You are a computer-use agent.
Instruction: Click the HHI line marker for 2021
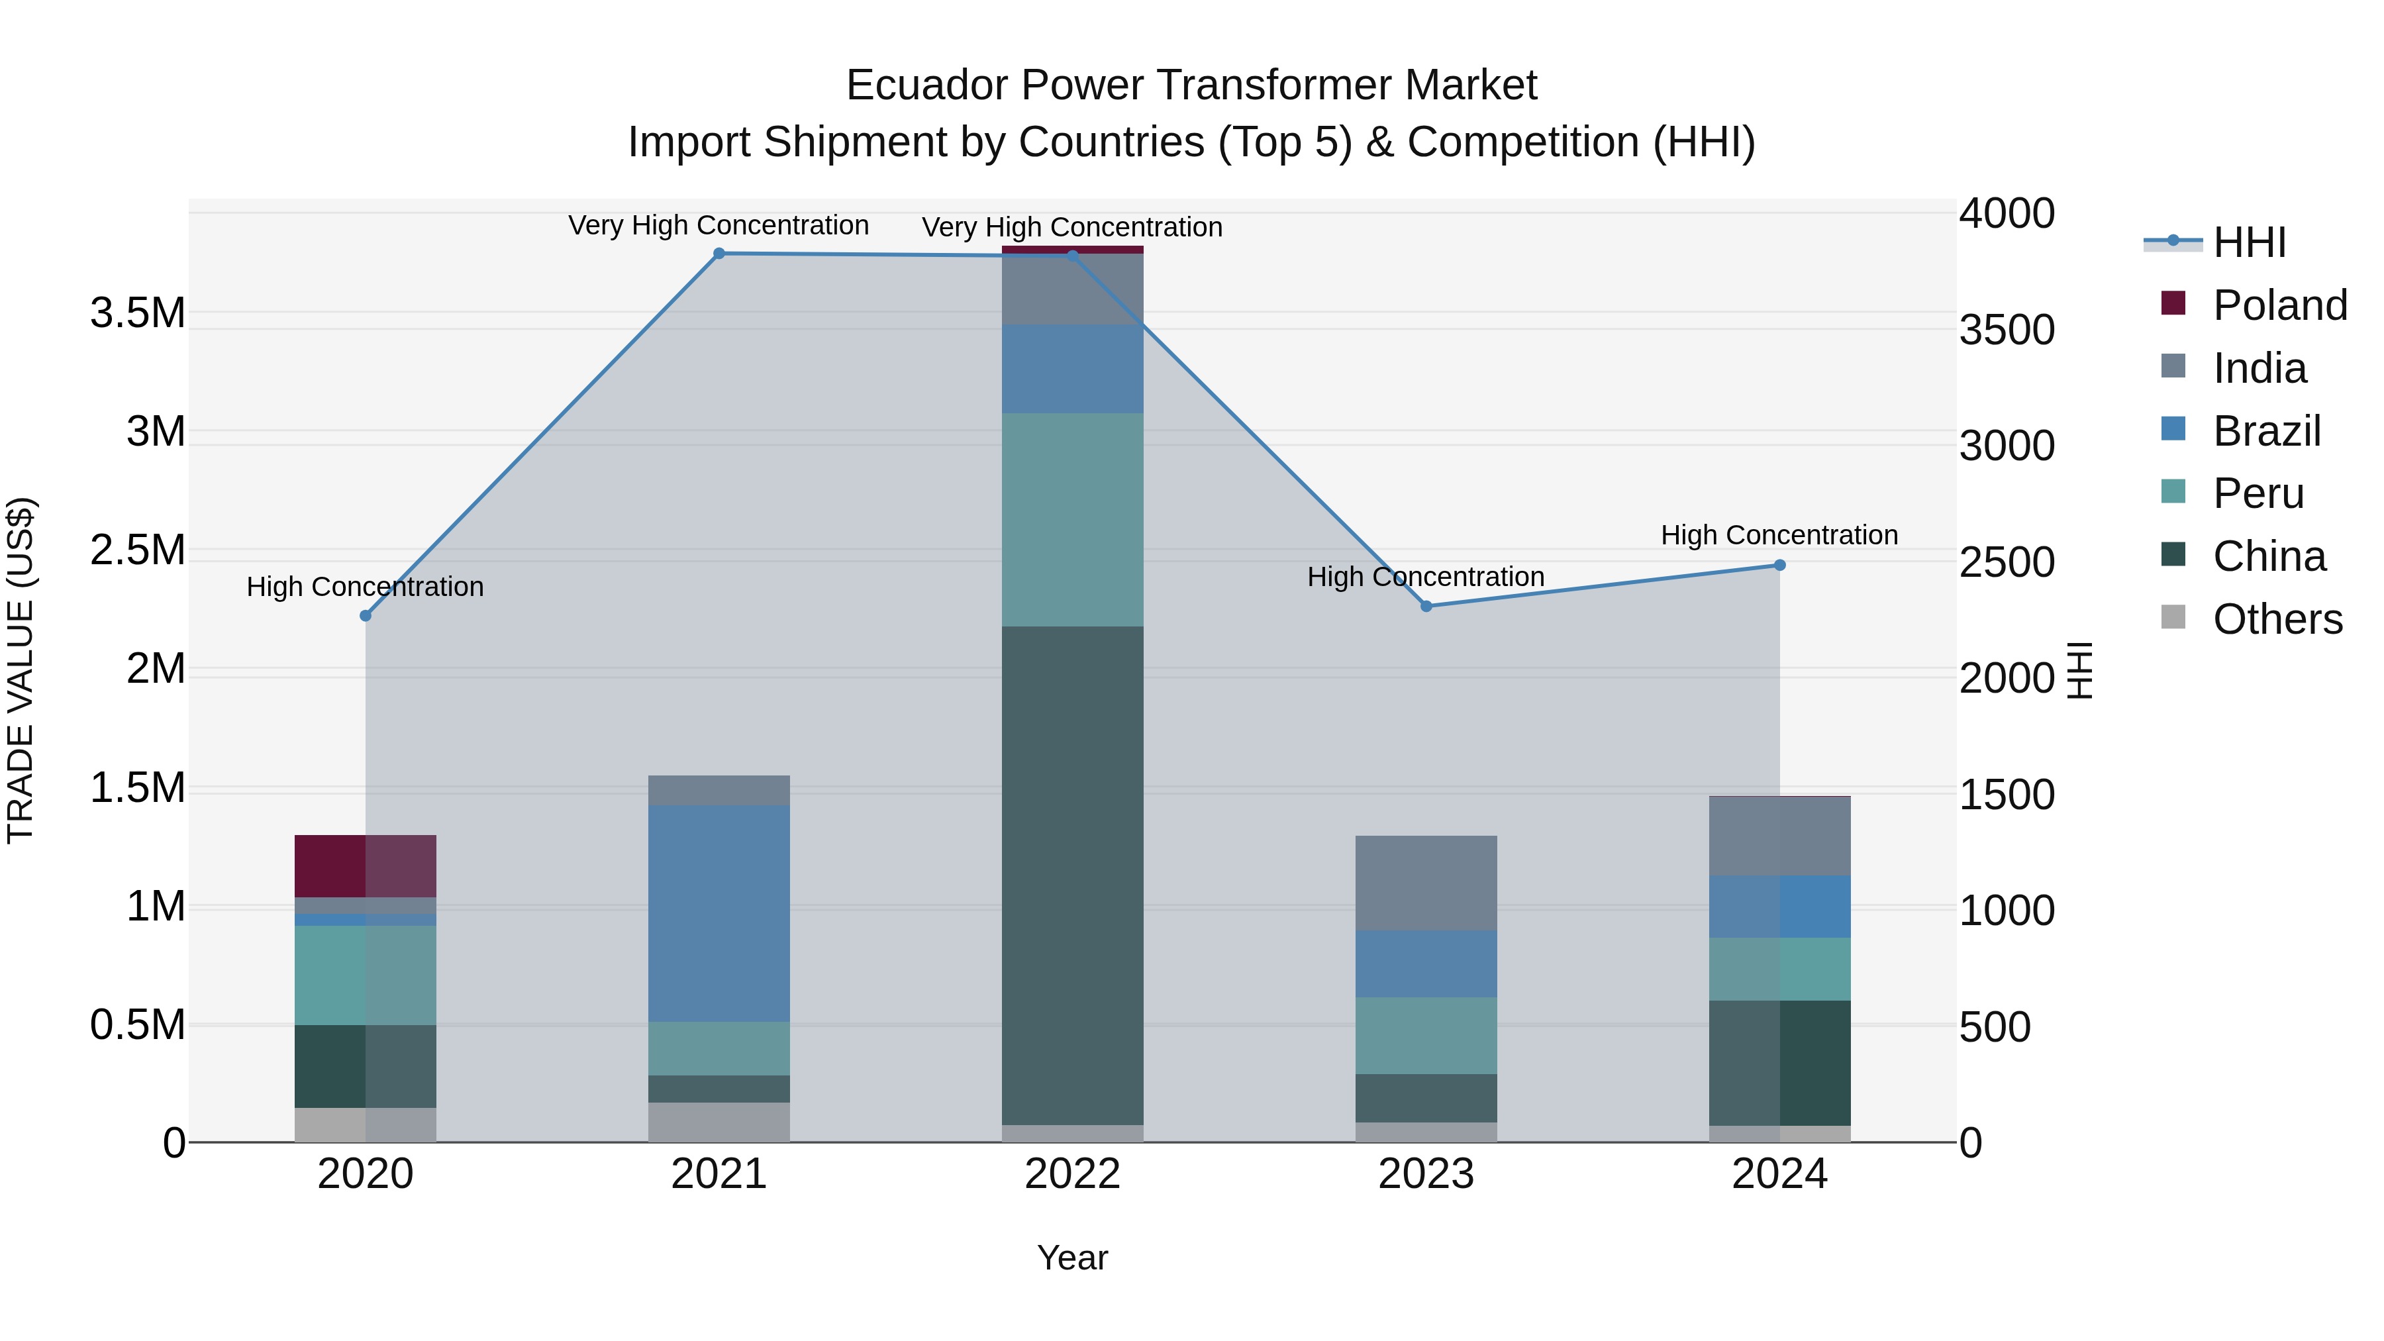719,254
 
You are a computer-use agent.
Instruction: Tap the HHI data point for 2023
1426,606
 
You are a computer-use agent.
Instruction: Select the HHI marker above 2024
1779,566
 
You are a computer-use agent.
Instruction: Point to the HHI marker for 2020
366,615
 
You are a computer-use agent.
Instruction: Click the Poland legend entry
2279,305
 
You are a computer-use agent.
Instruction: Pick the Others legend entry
2277,619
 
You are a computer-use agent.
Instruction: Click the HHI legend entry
2249,242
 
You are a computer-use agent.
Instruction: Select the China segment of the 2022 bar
1073,875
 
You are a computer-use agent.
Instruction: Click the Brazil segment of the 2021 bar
719,913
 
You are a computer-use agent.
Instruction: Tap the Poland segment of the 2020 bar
366,866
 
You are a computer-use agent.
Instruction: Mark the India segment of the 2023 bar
1426,883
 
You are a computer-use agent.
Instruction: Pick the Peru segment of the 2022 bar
1073,519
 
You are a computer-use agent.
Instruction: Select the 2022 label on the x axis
1073,1174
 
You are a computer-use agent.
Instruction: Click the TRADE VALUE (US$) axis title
21,670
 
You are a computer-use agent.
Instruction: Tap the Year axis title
1073,1258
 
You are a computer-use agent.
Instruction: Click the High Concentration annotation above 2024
1779,535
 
